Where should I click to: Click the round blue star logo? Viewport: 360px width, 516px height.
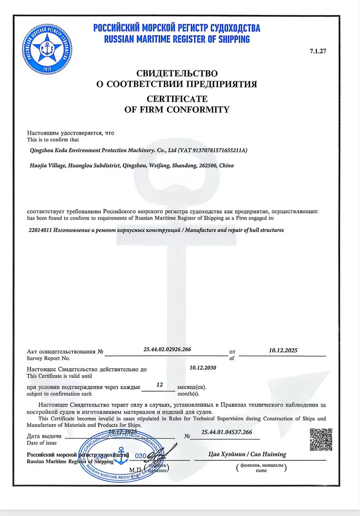tap(47, 49)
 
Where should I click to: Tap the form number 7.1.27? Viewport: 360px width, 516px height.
tap(318, 51)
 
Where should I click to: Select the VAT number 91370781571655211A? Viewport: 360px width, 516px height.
tap(220, 150)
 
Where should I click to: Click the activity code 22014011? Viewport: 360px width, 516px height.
tap(40, 230)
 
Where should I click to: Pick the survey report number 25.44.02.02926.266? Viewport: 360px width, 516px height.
tap(167, 349)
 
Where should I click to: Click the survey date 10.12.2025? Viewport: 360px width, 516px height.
tap(283, 350)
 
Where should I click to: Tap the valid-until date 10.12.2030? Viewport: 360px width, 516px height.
tap(203, 368)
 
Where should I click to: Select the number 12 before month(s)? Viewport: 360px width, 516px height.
tap(159, 385)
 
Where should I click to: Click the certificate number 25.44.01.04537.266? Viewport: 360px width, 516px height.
tap(227, 432)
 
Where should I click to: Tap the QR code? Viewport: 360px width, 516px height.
tap(321, 439)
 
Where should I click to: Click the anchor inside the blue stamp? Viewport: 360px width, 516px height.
tap(121, 456)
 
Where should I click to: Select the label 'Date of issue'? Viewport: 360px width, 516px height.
tap(42, 443)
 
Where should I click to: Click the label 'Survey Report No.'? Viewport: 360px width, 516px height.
tap(48, 358)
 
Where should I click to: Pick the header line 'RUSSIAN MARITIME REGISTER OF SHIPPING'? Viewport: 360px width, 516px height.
tap(177, 39)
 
